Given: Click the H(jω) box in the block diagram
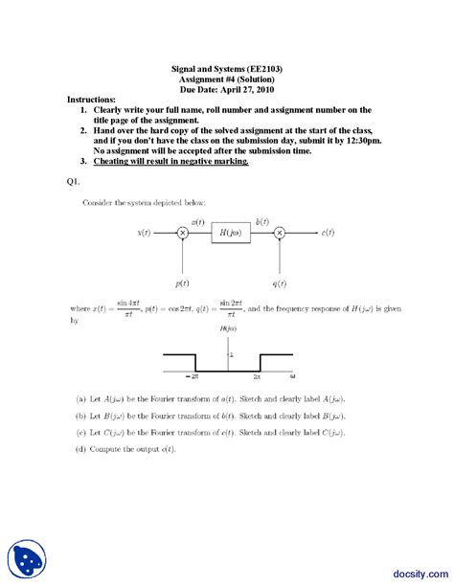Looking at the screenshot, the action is pos(230,233).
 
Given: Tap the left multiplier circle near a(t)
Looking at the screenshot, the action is pos(182,233).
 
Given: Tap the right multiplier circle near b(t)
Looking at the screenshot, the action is pos(280,233).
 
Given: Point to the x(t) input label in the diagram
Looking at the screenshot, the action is pos(145,233).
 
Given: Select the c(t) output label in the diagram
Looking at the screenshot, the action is pos(328,233).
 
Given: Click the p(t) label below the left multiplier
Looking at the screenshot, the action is pos(182,283).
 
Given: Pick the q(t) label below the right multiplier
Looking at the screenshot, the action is pos(280,283).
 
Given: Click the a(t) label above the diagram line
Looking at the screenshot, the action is pos(197,221).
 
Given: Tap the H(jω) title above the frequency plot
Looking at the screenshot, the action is pos(229,328).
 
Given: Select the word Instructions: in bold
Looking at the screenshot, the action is pos(92,99).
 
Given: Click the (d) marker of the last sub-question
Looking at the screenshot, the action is pos(80,449).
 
